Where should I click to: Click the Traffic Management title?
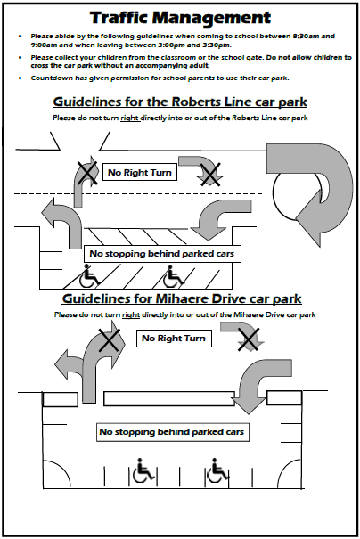point(180,18)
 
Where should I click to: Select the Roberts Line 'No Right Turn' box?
point(140,172)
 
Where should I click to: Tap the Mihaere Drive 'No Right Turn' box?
point(174,339)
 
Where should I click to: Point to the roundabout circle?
point(275,192)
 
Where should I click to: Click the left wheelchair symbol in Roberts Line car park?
point(89,276)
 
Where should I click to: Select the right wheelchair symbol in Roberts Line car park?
point(173,276)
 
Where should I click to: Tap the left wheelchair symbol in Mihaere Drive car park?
point(143,470)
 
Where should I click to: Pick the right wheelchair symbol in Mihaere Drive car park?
point(217,470)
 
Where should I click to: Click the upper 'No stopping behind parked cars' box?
point(162,254)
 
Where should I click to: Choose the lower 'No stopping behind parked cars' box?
point(172,432)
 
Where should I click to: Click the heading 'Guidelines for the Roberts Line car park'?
point(180,102)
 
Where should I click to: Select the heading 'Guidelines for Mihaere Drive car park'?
point(182,298)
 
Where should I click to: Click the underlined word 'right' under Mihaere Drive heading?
point(131,314)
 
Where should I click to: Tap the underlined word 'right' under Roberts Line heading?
point(129,118)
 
